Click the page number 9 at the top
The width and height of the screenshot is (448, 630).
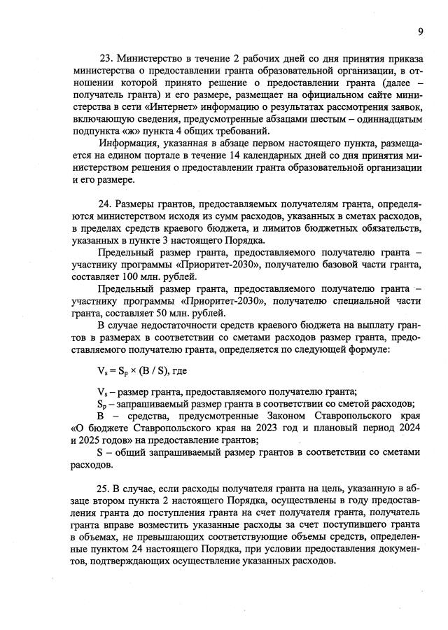[x=420, y=31]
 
